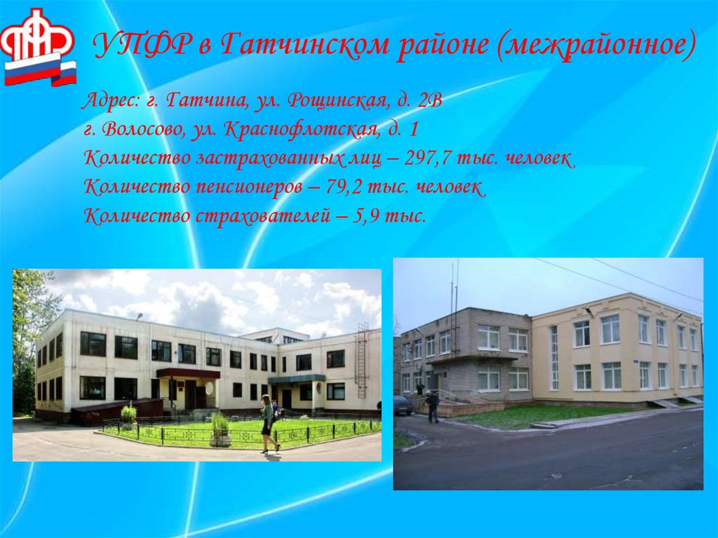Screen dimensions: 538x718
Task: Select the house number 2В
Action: pyautogui.click(x=428, y=100)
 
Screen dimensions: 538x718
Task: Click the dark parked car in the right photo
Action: pyautogui.click(x=402, y=405)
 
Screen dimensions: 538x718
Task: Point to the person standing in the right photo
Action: pyautogui.click(x=433, y=406)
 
